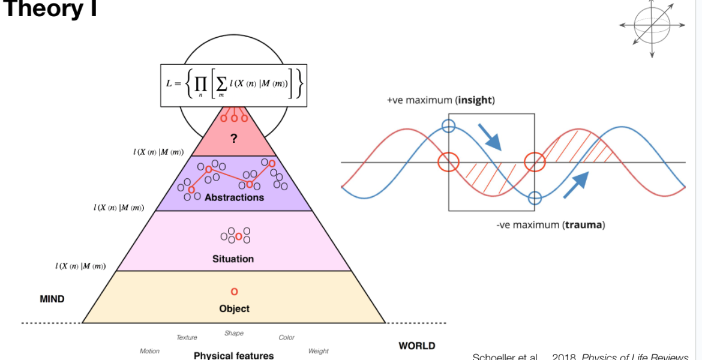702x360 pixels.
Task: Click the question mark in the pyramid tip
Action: tap(234, 139)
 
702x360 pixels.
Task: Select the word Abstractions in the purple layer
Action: tap(234, 197)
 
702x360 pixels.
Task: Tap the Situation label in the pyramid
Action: tap(233, 259)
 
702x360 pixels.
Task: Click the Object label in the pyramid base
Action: tap(234, 308)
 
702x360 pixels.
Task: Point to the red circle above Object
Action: tap(234, 292)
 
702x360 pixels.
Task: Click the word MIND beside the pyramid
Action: tap(52, 299)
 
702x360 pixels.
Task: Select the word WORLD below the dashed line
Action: tap(417, 346)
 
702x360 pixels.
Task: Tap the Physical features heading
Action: tap(233, 355)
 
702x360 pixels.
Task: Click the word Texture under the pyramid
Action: tap(187, 338)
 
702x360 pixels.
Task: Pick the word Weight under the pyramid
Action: tap(318, 351)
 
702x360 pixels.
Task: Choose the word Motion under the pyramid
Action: tap(149, 351)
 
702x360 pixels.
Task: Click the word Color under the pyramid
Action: tap(287, 338)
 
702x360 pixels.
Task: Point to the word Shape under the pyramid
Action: tap(234, 333)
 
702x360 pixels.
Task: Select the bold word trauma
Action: tap(584, 226)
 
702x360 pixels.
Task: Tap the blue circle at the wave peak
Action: tap(448, 126)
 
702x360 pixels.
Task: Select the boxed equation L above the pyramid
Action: tap(233, 85)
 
